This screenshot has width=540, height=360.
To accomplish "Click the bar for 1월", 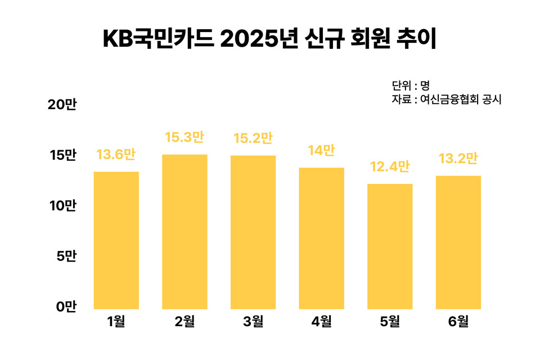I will pos(116,240).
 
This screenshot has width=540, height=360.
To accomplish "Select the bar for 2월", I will pos(184,232).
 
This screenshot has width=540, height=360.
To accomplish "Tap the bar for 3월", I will pos(253,232).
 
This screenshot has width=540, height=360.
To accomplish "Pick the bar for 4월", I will pos(321,238).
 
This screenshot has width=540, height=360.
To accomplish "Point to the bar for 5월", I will pos(390,246).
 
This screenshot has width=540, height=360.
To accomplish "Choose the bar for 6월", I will pos(458,242).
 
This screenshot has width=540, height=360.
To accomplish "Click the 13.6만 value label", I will pos(116,155).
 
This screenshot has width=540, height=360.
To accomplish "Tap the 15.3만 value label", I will pos(184,137).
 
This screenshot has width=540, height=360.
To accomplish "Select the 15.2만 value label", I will pos(253,138).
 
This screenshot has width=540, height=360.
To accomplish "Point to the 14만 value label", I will pos(321,151).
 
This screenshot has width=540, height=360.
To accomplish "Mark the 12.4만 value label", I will pos(390,167).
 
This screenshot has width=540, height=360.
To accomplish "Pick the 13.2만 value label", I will pos(458,159).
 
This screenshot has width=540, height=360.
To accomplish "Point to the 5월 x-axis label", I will pos(390,322).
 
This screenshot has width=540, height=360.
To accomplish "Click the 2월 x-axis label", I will pos(184,322).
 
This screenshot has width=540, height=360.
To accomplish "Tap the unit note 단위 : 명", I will pos(411,85).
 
